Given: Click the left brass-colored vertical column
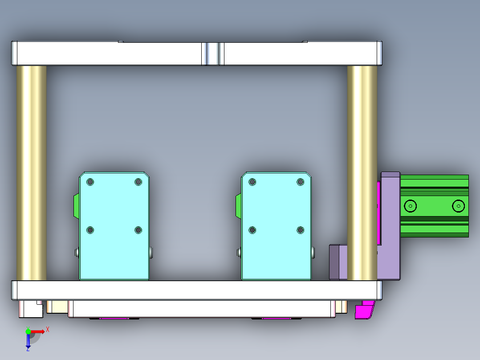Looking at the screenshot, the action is (x=32, y=173).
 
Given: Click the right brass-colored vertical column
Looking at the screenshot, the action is (x=362, y=173).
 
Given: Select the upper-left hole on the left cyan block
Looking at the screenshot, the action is (x=90, y=182).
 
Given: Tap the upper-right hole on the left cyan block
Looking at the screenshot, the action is (x=138, y=182).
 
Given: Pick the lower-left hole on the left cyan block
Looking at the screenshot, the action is (x=90, y=230).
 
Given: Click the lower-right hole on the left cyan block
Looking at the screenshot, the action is (x=138, y=230).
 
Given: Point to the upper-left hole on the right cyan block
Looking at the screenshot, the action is (x=252, y=182).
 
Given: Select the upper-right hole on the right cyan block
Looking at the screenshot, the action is (x=301, y=182).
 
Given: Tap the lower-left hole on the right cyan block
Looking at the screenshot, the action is (x=252, y=230).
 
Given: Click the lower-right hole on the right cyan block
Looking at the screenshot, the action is (x=301, y=230).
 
